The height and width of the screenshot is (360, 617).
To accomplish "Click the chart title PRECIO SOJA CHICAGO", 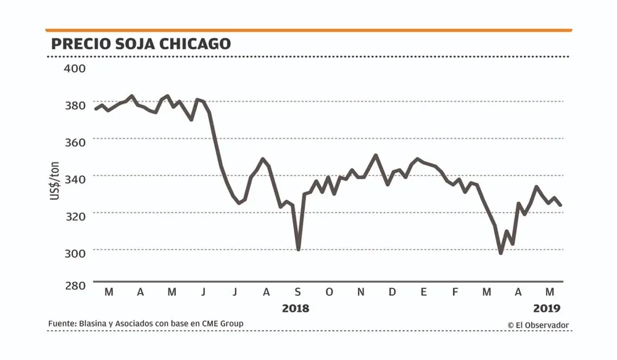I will point(141,44).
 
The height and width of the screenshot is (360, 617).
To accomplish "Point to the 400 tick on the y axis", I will point(75,67).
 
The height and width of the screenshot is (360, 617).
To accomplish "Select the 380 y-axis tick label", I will point(75,104).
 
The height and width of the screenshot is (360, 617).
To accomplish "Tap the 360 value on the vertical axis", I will point(75,141).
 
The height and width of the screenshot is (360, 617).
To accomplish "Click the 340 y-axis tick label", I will point(75,177).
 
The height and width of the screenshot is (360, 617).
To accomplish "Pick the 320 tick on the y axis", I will point(75,214).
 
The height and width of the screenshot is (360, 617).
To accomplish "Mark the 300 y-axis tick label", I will point(75,251).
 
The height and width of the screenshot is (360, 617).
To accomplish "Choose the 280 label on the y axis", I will point(75,286).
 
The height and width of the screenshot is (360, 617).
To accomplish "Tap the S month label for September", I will point(297,292).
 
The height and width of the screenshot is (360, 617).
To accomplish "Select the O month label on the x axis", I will point(329,292).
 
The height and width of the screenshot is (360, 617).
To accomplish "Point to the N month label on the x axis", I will point(361,292).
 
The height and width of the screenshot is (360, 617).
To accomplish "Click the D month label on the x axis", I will point(392,292).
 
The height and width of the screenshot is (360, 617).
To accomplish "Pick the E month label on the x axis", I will point(424,292).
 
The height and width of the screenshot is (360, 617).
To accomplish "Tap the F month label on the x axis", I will point(455,292).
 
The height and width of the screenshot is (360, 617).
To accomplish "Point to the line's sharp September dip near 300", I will point(299,249).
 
